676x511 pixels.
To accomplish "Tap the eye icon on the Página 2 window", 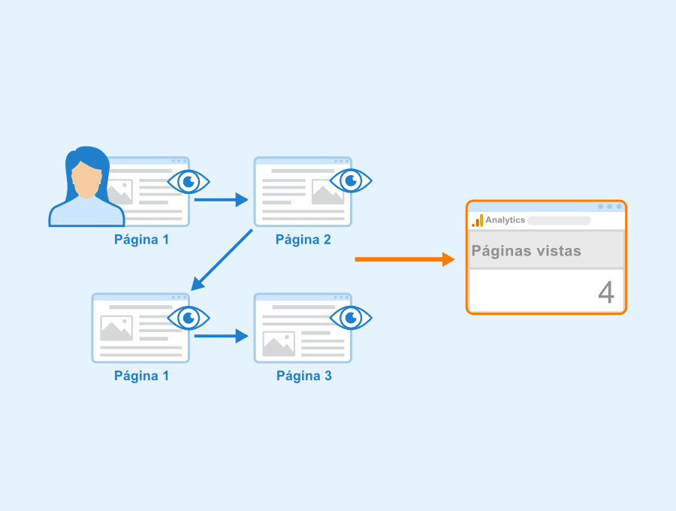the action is [351, 180].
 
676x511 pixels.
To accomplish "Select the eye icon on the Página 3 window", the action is [351, 318].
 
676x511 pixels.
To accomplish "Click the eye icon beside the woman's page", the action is [189, 182].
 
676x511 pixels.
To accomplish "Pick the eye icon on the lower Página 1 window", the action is [189, 318].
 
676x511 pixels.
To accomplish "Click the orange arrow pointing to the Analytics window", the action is [405, 259].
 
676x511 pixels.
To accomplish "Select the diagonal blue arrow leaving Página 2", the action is [222, 260].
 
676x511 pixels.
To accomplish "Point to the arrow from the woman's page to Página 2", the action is [221, 200].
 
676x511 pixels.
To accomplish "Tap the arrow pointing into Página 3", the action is [221, 336].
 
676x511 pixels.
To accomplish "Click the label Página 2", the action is [303, 240].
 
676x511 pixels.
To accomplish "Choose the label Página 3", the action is [304, 376].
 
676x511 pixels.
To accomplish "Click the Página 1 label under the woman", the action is [141, 240].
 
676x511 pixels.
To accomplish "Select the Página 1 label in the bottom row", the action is [141, 376].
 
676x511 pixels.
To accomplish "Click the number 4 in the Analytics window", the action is [606, 292].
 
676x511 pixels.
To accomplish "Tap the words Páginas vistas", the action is [527, 251].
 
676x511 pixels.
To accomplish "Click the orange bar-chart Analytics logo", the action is [477, 220].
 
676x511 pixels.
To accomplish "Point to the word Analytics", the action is [505, 220].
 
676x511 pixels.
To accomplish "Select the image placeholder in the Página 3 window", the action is [279, 343].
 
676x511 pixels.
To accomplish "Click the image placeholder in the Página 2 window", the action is [327, 192].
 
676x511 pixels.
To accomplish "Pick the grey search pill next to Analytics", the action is [559, 220].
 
